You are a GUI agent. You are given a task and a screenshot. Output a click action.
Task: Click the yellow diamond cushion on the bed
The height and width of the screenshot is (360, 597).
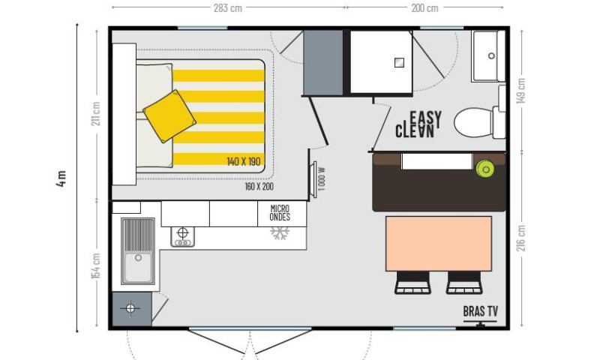click(169, 116)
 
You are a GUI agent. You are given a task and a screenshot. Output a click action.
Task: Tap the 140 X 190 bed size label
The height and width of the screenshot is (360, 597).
click(244, 161)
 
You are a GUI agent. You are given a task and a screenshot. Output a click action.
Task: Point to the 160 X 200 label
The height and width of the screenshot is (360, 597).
click(259, 187)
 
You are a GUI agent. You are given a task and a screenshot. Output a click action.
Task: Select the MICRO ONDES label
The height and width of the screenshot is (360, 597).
click(280, 213)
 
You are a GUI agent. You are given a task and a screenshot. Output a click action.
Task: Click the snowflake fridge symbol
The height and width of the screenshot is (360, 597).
click(280, 233)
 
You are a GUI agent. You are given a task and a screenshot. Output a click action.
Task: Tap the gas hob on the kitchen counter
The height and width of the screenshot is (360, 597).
click(183, 237)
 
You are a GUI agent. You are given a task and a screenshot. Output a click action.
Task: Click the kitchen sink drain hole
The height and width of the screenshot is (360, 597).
click(138, 258)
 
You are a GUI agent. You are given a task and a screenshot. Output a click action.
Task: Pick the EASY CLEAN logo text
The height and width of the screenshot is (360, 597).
click(418, 124)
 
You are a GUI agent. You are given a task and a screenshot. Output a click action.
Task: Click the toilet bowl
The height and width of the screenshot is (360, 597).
click(474, 123)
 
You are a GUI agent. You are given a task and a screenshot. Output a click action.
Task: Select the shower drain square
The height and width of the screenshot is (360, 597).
click(399, 62)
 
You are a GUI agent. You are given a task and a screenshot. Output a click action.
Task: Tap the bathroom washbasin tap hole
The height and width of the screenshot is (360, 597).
click(491, 56)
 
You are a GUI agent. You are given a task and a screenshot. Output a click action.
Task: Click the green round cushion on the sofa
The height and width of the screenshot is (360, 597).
click(485, 169)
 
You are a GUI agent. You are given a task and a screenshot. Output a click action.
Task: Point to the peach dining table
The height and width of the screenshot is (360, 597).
click(439, 244)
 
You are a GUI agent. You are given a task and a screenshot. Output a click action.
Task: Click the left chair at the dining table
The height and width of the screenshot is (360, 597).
click(412, 283)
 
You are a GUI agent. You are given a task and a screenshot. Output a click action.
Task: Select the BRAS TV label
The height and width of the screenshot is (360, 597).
click(481, 311)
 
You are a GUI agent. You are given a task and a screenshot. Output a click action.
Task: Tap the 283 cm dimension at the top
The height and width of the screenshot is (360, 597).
click(228, 8)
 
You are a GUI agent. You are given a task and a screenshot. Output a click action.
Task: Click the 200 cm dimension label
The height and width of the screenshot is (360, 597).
click(425, 8)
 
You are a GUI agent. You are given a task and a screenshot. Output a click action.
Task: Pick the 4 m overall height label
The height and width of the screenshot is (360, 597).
click(61, 178)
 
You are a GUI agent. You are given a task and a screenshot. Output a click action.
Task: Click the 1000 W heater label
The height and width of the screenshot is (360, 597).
click(322, 178)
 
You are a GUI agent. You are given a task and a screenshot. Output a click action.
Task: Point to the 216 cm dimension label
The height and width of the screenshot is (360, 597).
click(521, 238)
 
